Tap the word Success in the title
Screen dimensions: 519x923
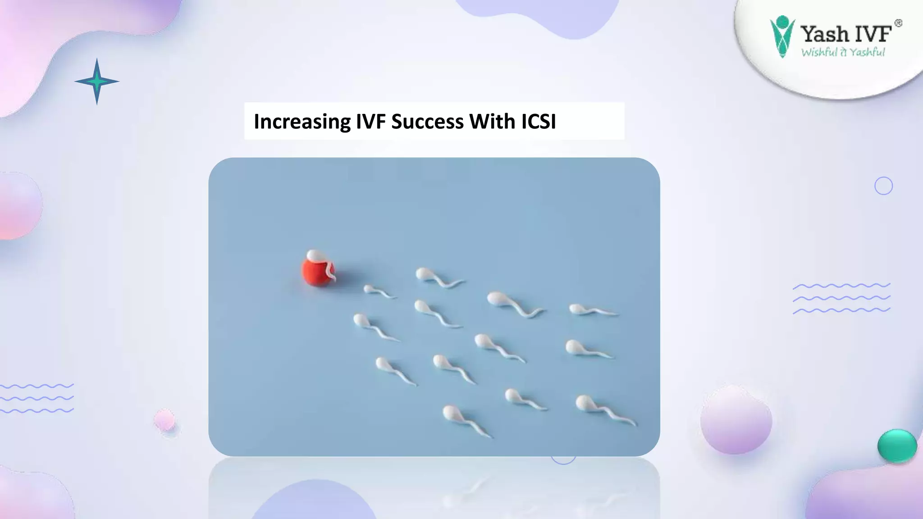click(427, 122)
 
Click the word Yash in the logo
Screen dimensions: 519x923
click(824, 34)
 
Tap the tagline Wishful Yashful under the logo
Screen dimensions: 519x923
click(843, 52)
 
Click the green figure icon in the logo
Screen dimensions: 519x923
click(782, 36)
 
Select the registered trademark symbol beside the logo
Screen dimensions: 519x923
click(898, 23)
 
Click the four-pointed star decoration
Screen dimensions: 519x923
click(96, 82)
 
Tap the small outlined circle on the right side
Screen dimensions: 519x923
click(883, 186)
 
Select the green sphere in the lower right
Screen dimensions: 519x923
click(897, 446)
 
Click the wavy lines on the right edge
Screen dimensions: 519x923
click(841, 298)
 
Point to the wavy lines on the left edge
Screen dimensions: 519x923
click(36, 399)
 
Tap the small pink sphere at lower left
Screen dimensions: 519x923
click(164, 420)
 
